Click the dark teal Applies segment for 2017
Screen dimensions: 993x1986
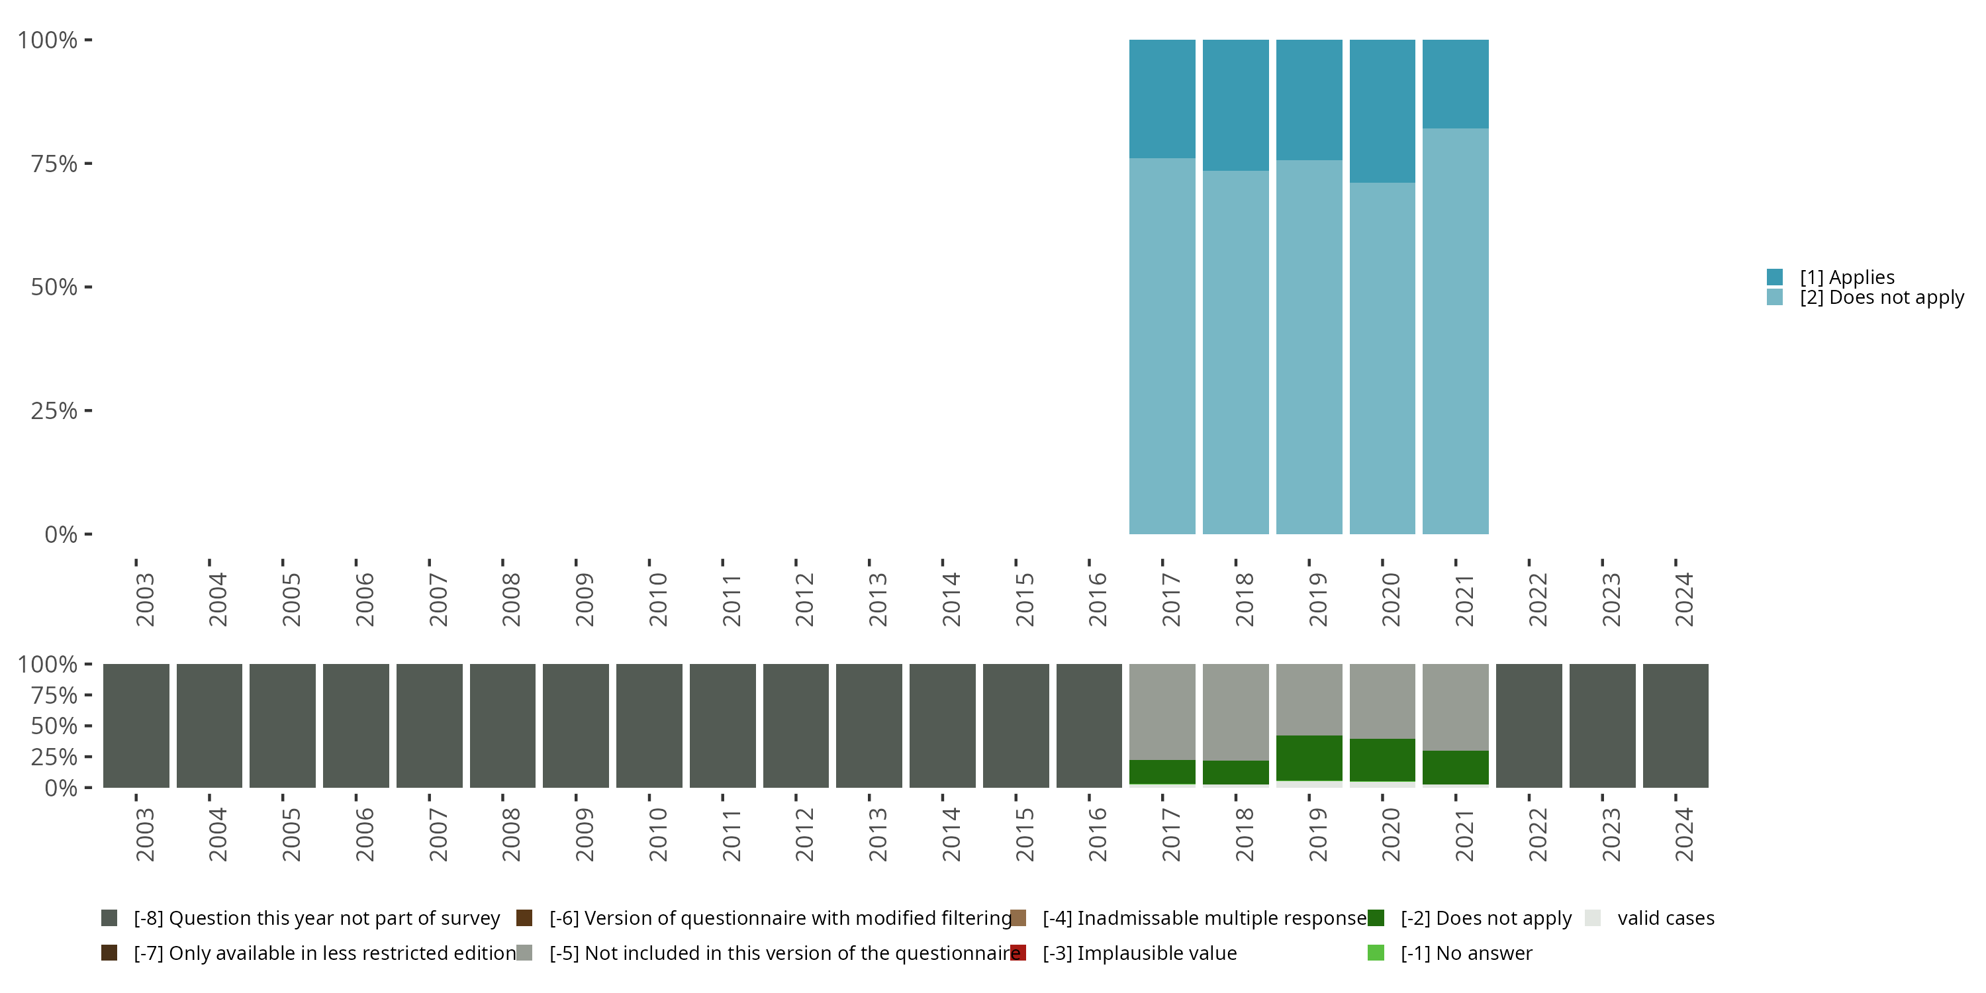click(x=1162, y=99)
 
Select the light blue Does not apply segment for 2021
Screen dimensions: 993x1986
click(x=1455, y=331)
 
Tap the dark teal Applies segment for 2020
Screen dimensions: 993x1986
click(x=1382, y=111)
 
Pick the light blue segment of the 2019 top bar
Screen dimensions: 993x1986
click(x=1308, y=347)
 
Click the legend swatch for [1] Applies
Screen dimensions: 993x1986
click(x=1774, y=277)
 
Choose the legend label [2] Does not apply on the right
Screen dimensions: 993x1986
click(x=1881, y=298)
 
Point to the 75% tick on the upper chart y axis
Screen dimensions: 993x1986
click(x=88, y=164)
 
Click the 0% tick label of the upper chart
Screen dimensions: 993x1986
click(x=60, y=534)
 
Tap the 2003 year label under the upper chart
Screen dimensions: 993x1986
click(x=144, y=599)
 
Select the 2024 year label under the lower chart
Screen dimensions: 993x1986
click(x=1683, y=834)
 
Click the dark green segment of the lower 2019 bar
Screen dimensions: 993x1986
click(x=1308, y=758)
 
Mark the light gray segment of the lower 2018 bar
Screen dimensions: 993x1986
click(x=1235, y=712)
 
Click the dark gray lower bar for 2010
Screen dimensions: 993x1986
click(x=649, y=726)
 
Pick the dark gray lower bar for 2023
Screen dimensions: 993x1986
click(x=1602, y=726)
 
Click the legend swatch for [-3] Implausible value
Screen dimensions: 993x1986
click(x=1017, y=953)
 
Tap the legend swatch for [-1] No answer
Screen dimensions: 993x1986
click(x=1376, y=953)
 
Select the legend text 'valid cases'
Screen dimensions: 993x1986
click(x=1666, y=918)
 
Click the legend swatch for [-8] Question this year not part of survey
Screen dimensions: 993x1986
click(x=109, y=918)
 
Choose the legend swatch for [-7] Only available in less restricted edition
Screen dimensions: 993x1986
click(x=109, y=953)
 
